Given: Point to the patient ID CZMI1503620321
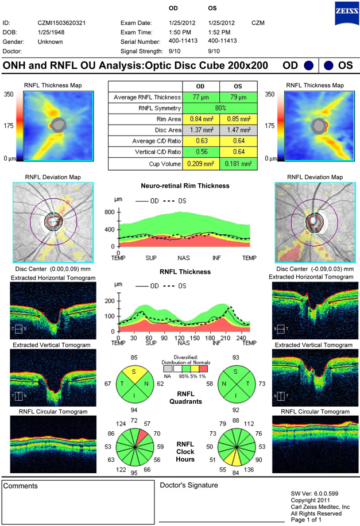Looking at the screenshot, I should click(61, 23).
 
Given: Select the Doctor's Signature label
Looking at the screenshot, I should click(189, 485).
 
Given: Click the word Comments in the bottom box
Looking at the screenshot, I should click(21, 486).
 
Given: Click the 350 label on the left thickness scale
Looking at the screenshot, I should click(9, 94).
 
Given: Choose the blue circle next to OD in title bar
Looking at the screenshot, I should click(308, 66).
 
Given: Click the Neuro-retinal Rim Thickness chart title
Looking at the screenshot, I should click(184, 186).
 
